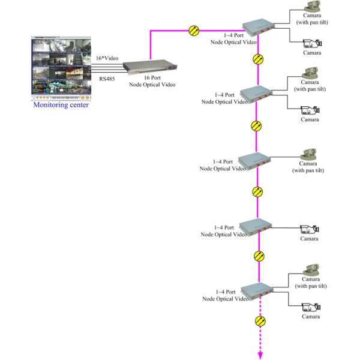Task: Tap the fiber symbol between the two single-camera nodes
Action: [257, 192]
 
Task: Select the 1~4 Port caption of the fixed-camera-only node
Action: [223, 229]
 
